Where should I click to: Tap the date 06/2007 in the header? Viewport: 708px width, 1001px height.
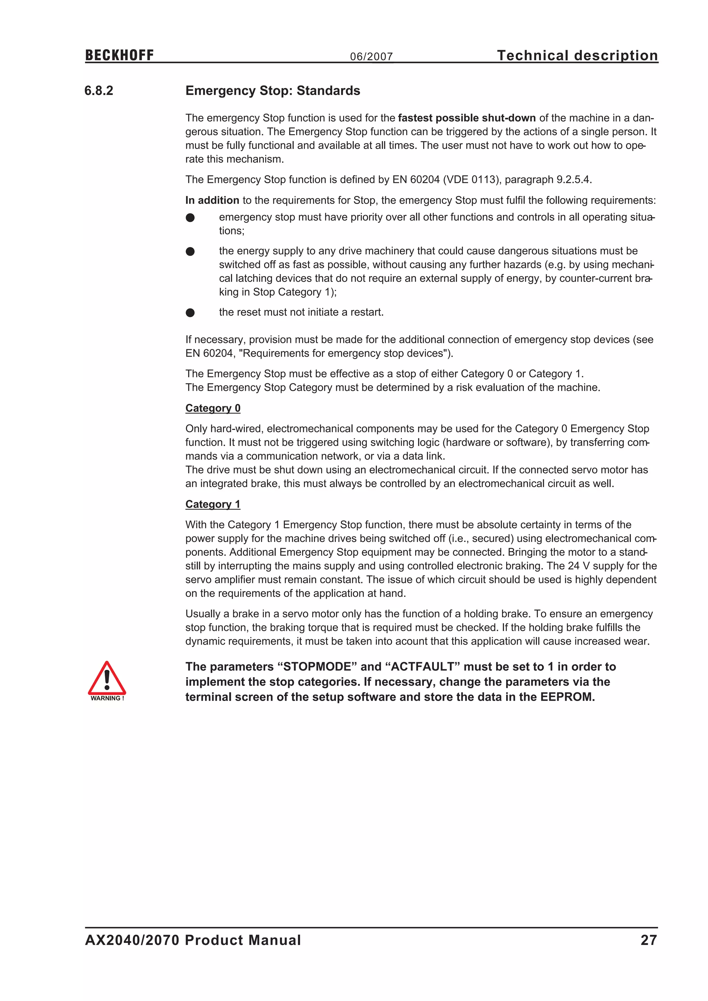[371, 57]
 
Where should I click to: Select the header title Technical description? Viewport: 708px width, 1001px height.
[577, 55]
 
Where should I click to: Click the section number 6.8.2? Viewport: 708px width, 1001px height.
[99, 91]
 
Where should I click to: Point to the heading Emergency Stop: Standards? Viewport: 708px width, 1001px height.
[272, 91]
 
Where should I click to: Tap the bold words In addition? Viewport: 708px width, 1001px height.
[212, 200]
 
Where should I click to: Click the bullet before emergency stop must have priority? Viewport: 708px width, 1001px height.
[190, 217]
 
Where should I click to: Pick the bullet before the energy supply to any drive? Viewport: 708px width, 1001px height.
[190, 252]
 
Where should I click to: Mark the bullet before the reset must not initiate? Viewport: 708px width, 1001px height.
[190, 312]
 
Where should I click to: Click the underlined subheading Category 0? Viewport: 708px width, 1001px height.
[213, 409]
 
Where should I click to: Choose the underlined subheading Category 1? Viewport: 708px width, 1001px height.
[213, 504]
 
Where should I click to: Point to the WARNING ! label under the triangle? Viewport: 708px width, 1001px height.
[107, 698]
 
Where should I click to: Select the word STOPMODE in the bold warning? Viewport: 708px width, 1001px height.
[317, 667]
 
